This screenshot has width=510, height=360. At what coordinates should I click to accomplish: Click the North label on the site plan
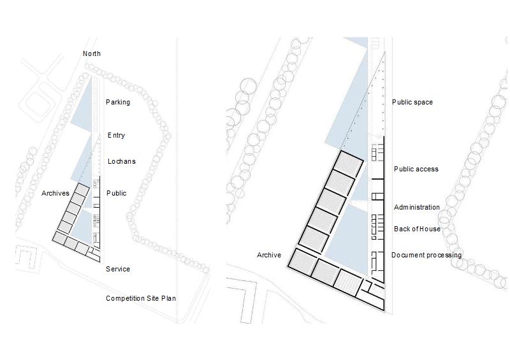(x=92, y=54)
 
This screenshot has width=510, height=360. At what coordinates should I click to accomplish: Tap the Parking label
(x=118, y=102)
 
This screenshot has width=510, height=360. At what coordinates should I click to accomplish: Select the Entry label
(x=116, y=135)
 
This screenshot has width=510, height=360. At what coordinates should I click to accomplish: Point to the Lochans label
(x=121, y=161)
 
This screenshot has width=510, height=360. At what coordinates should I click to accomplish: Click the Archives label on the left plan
(x=55, y=193)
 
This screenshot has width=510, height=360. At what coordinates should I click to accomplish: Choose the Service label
(x=118, y=269)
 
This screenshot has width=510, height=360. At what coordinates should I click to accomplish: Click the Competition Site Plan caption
(x=140, y=298)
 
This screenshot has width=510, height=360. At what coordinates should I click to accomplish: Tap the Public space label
(x=412, y=102)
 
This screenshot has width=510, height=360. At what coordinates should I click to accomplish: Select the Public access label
(x=416, y=169)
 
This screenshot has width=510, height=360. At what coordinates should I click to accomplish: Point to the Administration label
(x=417, y=207)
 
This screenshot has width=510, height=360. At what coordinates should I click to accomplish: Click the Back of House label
(x=417, y=229)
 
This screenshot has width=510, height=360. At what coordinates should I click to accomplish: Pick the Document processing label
(x=426, y=256)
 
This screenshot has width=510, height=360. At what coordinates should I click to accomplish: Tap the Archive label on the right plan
(x=268, y=255)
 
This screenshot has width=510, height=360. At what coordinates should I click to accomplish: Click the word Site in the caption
(x=154, y=298)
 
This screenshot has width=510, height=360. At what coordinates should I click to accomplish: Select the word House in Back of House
(x=430, y=229)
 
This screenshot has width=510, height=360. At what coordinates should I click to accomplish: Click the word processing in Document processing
(x=444, y=256)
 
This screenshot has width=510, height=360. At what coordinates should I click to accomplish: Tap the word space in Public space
(x=423, y=103)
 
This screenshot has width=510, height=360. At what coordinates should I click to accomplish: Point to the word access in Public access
(x=428, y=169)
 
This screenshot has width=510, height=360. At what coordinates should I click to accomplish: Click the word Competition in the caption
(x=126, y=298)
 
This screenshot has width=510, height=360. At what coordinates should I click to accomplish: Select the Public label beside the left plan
(x=116, y=193)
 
